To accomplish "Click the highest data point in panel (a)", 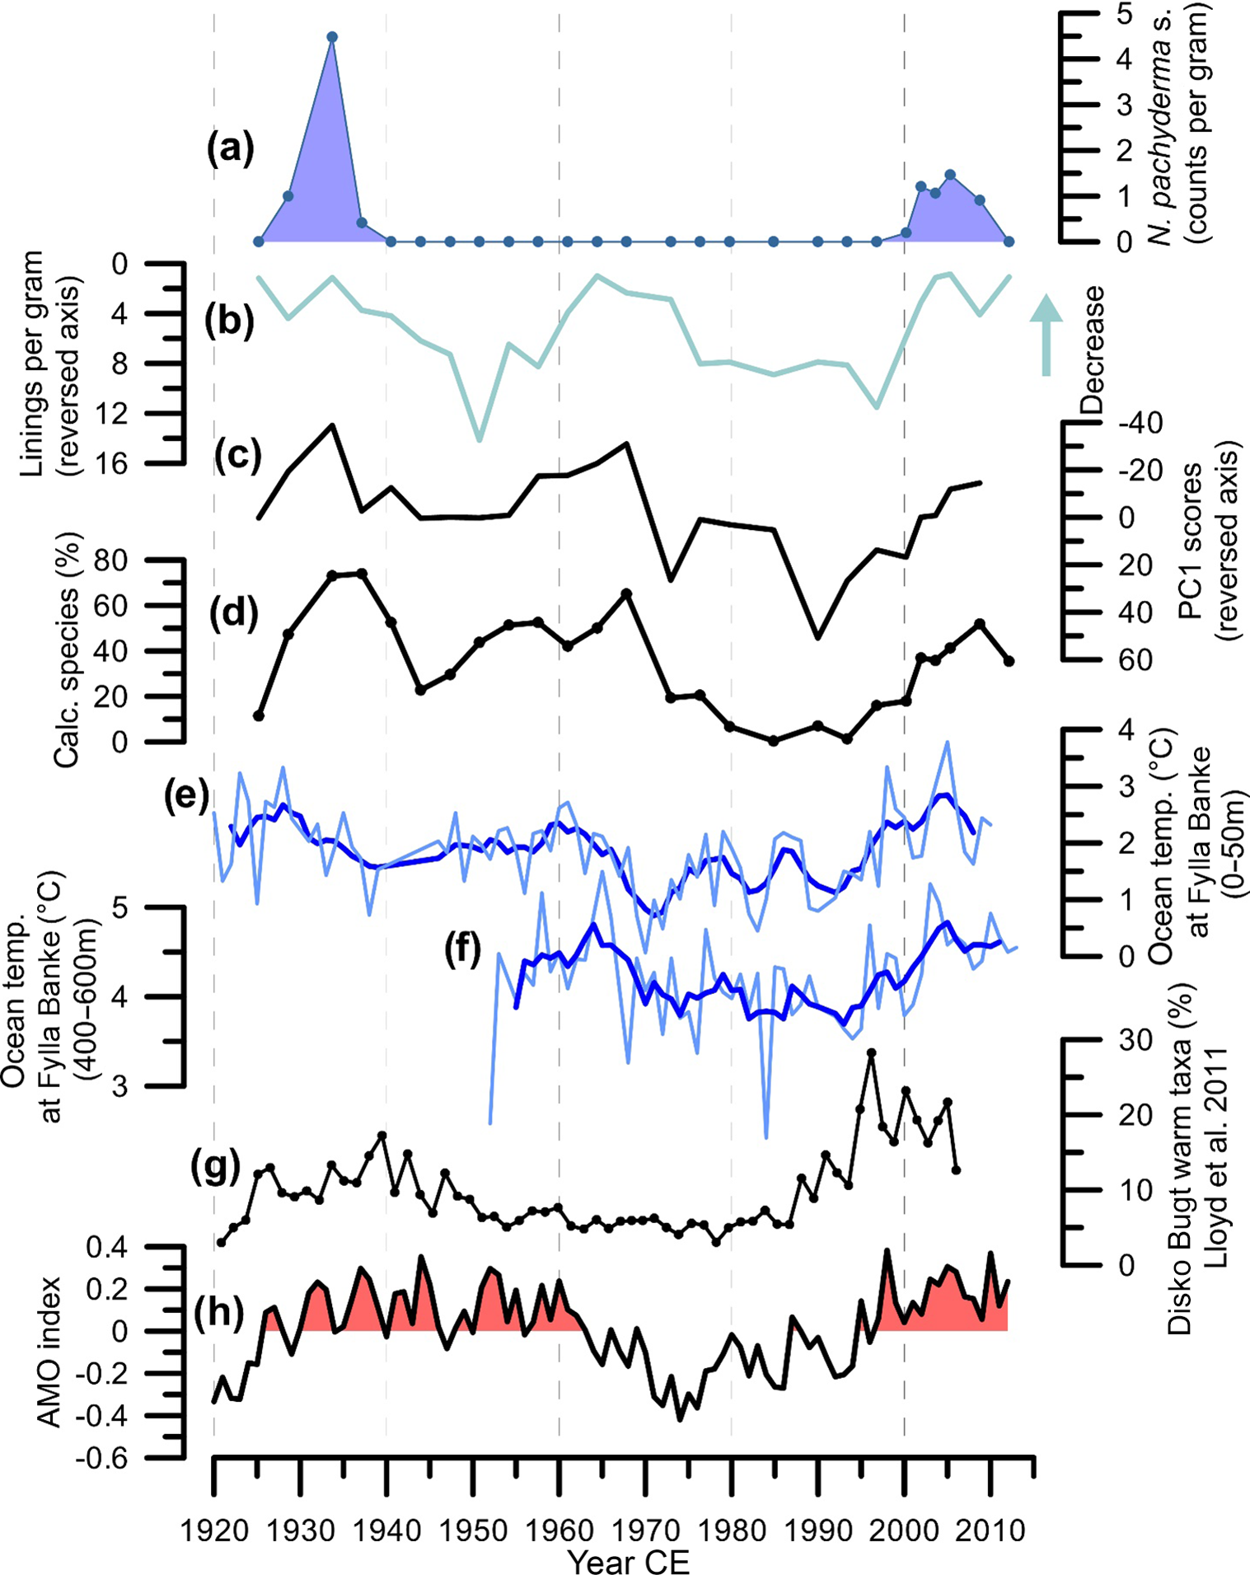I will pyautogui.click(x=332, y=37).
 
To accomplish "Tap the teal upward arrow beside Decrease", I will pyautogui.click(x=1046, y=334).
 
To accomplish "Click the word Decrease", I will pyautogui.click(x=1092, y=349).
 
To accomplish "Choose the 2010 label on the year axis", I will pyautogui.click(x=992, y=1530).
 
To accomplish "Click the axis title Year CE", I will pyautogui.click(x=628, y=1560).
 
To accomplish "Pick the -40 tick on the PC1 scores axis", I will pyautogui.click(x=1140, y=424).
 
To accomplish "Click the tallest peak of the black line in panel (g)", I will pyautogui.click(x=870, y=1052).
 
